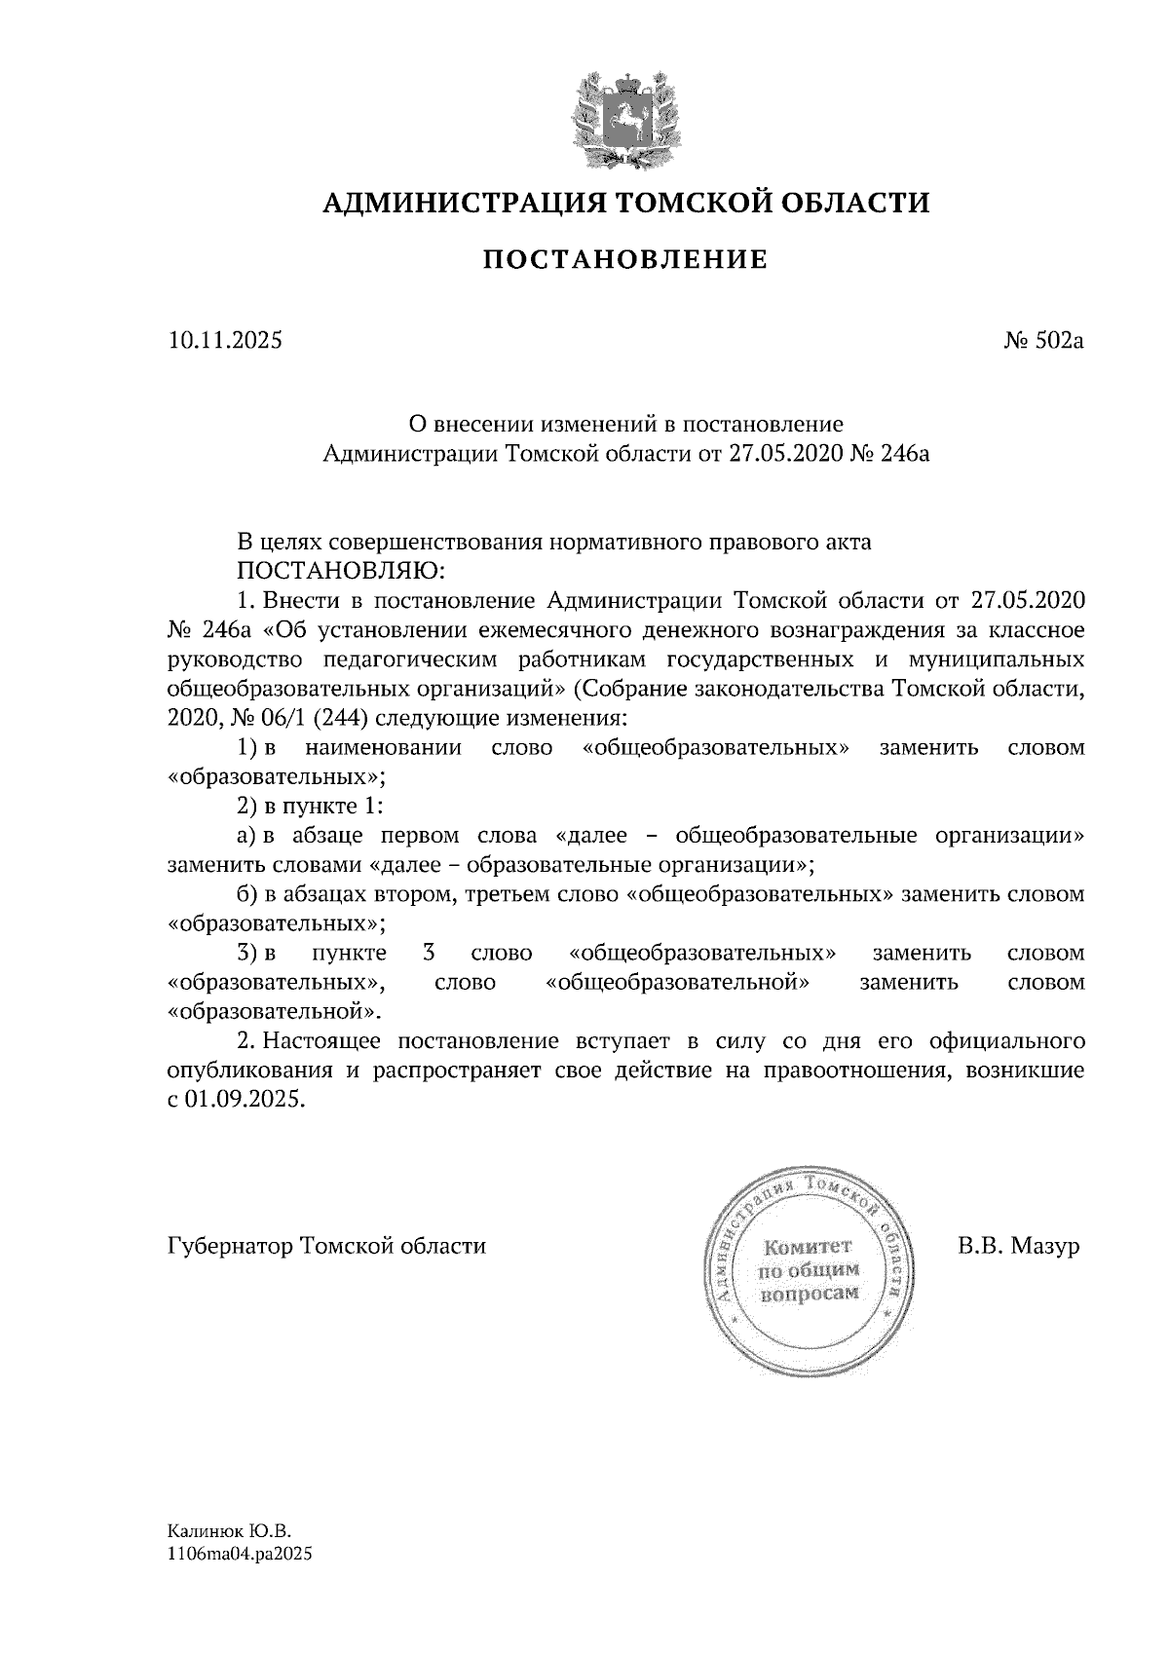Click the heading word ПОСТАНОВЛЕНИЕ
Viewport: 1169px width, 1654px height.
626,260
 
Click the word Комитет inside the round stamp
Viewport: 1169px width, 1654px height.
809,1247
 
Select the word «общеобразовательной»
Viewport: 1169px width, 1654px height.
679,982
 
